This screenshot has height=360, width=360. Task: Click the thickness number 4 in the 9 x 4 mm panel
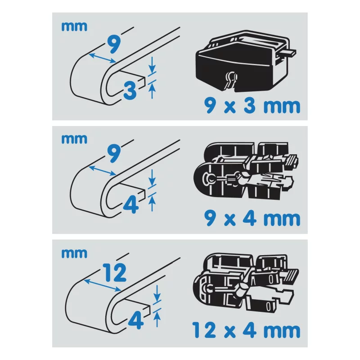point(130,204)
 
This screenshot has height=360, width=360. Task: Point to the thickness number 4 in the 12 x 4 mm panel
point(135,320)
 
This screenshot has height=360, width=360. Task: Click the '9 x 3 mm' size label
point(252,106)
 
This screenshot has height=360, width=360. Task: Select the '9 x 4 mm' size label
point(252,219)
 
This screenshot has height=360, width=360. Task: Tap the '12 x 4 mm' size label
point(245,330)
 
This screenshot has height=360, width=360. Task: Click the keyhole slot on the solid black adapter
point(230,80)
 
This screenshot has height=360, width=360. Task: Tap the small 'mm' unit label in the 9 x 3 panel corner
point(74,26)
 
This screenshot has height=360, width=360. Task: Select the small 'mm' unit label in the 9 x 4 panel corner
point(74,138)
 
